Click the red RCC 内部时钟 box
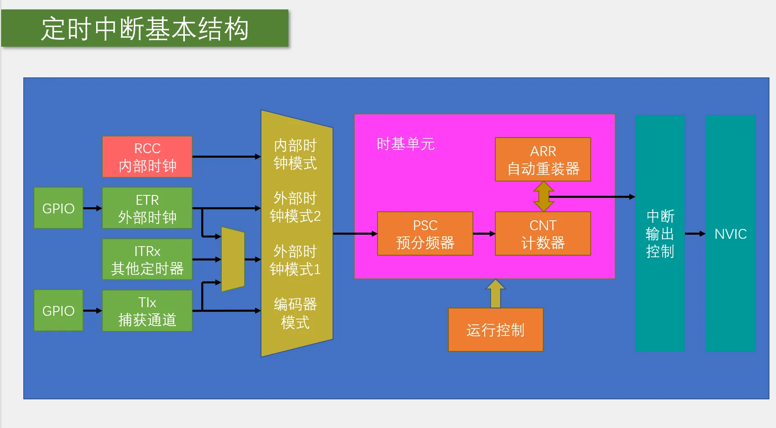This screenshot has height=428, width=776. pos(147,157)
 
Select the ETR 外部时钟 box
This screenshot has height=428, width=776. pos(147,208)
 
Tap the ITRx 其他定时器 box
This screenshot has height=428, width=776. pos(147,259)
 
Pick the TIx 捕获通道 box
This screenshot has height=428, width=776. pos(147,310)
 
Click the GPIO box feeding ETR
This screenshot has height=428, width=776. pos(58,208)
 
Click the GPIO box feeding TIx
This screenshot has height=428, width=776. pos(58,310)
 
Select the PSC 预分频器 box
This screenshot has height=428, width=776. pos(425,233)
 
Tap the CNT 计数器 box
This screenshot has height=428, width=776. pos(543,233)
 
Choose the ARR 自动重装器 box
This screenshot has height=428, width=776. pos(543,159)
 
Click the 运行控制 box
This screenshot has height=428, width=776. pos(496,330)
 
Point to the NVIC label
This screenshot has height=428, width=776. pos(731,234)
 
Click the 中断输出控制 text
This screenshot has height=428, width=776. pos(660,234)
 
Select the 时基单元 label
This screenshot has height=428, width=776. pos(405,144)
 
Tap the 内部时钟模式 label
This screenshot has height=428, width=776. pos(295,154)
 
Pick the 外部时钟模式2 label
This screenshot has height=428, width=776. pos(295,207)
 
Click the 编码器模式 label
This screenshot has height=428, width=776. pos(295,313)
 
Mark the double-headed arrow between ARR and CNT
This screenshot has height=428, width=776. pos(544,197)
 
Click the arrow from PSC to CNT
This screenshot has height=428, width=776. pos(484,233)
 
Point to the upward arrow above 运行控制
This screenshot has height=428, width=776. pos(495,294)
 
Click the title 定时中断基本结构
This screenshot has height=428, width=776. pos(145,29)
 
